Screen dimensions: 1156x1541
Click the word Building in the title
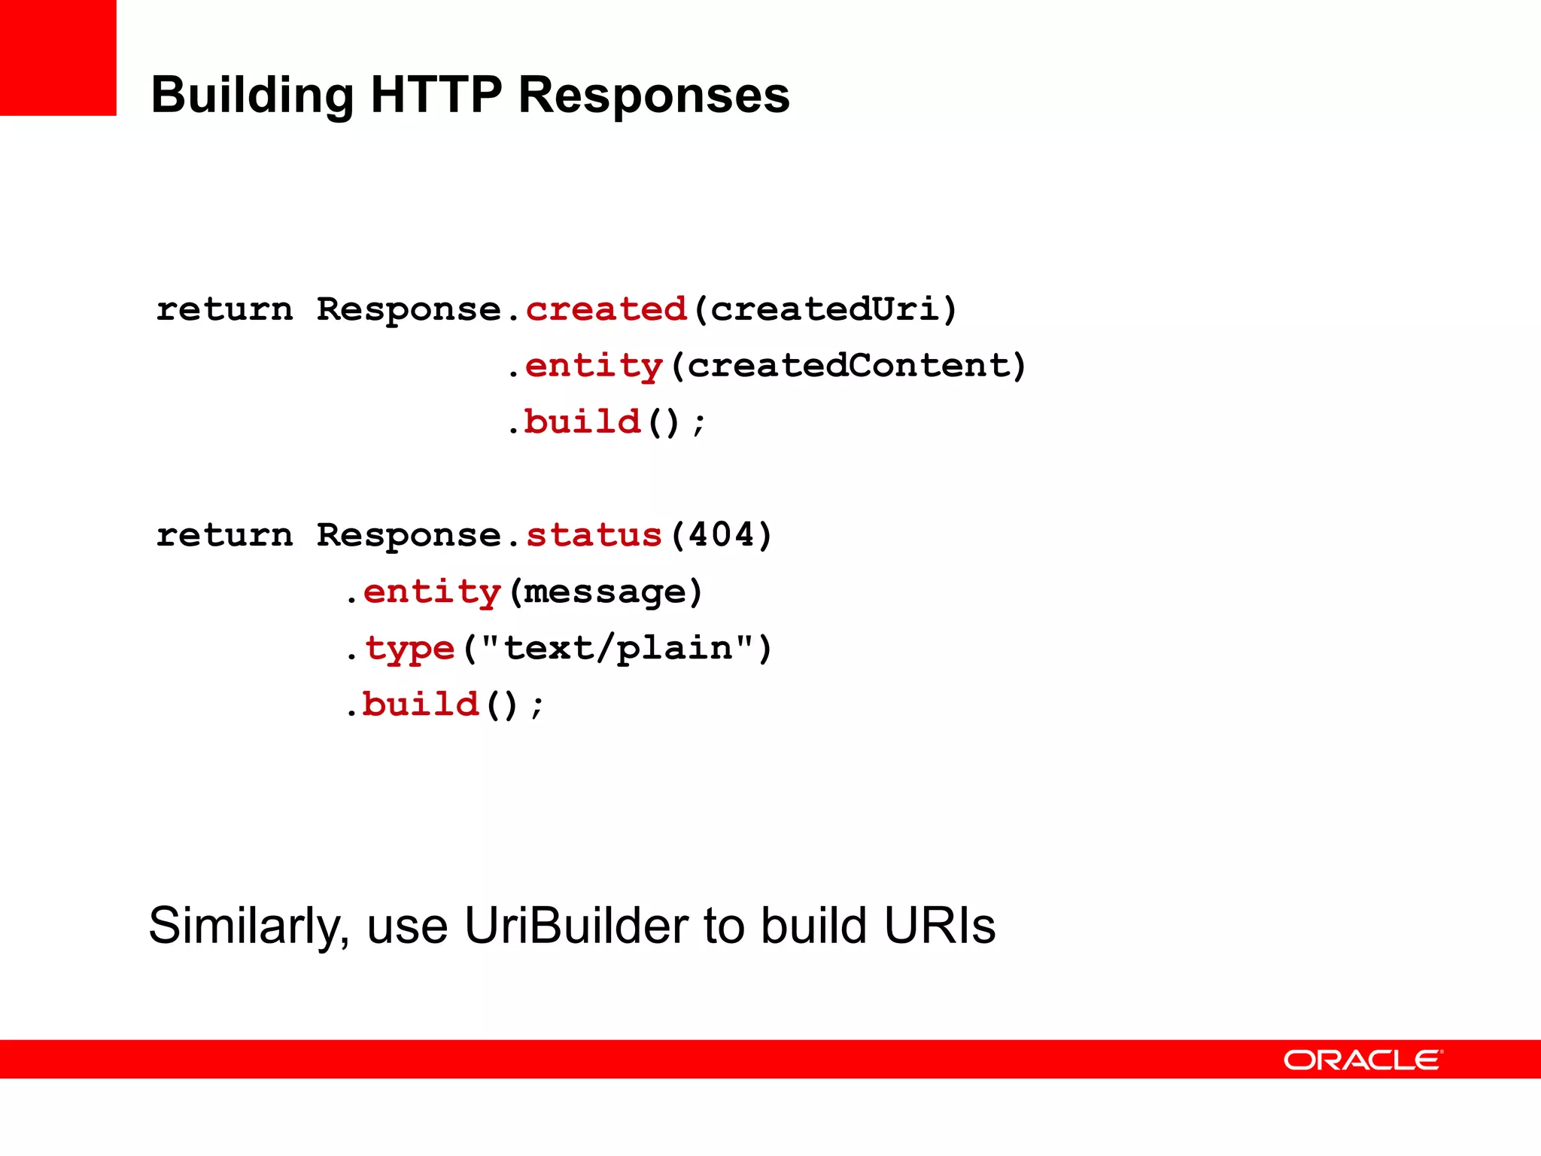[252, 96]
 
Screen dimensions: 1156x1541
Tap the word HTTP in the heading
[436, 95]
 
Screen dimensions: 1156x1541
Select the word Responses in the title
[654, 96]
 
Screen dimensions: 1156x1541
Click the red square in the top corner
[58, 57]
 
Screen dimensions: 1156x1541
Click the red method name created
[606, 309]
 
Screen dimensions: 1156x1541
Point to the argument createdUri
[825, 309]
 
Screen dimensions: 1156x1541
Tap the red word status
[594, 535]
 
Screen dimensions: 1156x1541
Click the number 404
[721, 535]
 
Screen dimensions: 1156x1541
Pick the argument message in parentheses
[605, 592]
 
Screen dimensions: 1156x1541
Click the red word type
[410, 649]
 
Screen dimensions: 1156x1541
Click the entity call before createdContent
[594, 367]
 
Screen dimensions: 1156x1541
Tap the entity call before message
[432, 592]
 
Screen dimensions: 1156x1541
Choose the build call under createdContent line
[582, 421]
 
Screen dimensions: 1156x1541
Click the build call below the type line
[421, 704]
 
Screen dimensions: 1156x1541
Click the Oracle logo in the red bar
[1363, 1060]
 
